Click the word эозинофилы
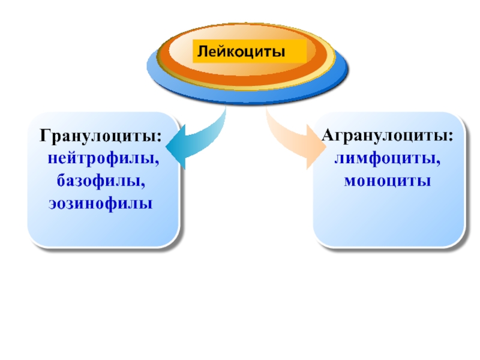100,203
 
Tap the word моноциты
388,180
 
